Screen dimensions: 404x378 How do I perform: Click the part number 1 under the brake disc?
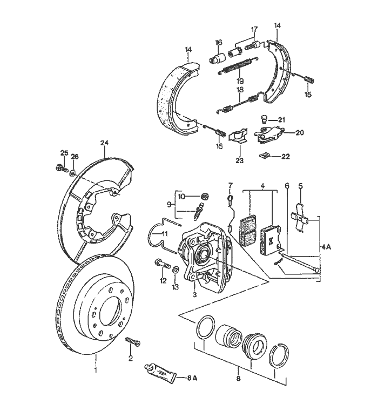(96, 371)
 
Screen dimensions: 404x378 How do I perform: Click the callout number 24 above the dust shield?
(104, 143)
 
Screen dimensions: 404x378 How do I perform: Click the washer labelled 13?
(177, 268)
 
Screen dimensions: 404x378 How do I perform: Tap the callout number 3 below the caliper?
(194, 294)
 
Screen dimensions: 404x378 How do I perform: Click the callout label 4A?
(326, 246)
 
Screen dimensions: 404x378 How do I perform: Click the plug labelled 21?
(264, 119)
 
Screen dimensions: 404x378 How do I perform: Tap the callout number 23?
(239, 160)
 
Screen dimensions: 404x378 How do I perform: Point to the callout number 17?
(254, 29)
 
